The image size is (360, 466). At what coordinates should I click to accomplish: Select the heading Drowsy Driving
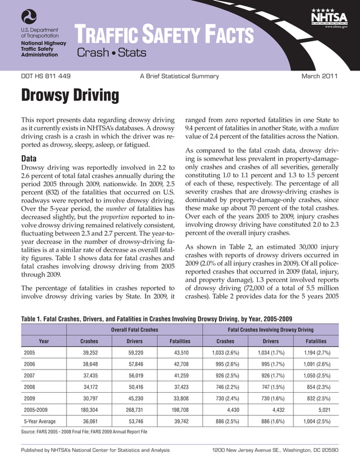(70, 96)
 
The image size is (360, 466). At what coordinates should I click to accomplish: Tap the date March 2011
(319, 76)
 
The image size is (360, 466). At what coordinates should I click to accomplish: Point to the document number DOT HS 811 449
(46, 76)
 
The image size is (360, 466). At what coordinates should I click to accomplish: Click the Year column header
(43, 341)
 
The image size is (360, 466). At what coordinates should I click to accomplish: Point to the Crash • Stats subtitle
(111, 54)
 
